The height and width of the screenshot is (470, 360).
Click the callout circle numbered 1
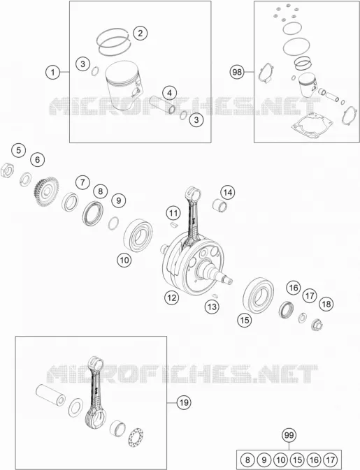tap(53, 72)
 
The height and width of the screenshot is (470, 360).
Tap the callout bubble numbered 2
tap(141, 33)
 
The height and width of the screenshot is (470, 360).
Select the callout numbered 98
tap(237, 72)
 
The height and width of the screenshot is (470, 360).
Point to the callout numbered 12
tap(171, 298)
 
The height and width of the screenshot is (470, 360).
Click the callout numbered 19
tap(184, 402)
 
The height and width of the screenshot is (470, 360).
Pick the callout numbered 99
tap(289, 435)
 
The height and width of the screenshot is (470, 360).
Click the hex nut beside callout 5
tap(7, 170)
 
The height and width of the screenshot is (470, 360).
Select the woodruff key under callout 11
tap(173, 223)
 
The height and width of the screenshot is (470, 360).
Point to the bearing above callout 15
tap(259, 295)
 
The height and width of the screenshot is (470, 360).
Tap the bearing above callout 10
tap(138, 235)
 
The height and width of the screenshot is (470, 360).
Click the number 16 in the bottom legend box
tap(314, 460)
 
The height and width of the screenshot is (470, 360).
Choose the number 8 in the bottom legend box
tap(247, 460)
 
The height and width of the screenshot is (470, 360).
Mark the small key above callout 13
tap(214, 295)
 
